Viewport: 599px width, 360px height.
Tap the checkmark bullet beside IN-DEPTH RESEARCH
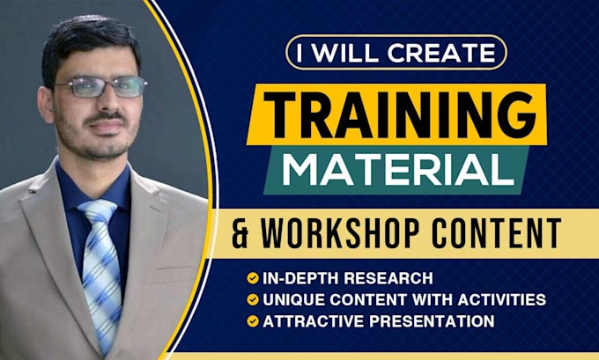pos(254,278)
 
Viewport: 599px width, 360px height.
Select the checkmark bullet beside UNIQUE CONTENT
pos(254,300)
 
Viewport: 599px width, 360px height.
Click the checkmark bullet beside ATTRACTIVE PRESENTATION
pos(254,321)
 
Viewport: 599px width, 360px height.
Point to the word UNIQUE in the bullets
pos(288,300)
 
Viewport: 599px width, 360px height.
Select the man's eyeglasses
pos(100,87)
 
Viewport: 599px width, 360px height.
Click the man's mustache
pos(106,116)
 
